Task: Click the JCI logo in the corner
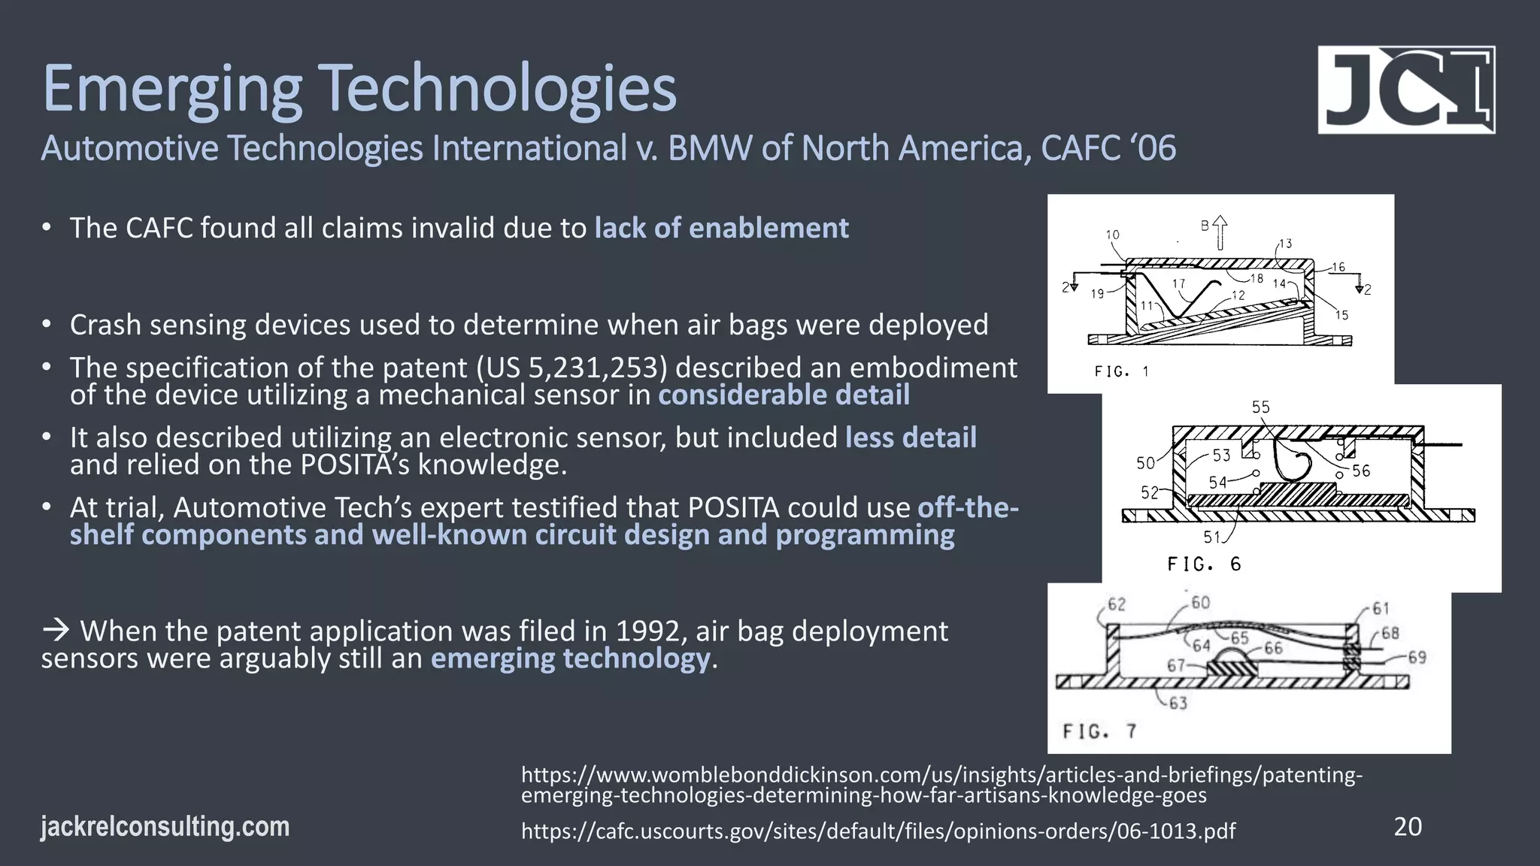1406,90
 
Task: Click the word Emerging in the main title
171,90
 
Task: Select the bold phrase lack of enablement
721,228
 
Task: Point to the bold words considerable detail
784,395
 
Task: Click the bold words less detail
911,438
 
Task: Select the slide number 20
1408,827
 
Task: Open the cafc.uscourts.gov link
878,831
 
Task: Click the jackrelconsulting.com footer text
165,827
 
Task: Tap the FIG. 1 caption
1121,371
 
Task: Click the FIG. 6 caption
1204,564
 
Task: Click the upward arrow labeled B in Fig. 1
1220,233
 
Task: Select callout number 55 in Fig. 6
1261,407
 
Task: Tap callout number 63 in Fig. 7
1178,704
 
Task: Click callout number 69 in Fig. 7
1417,658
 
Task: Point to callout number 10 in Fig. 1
1112,235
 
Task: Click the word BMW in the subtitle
710,148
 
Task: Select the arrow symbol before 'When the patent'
56,631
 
